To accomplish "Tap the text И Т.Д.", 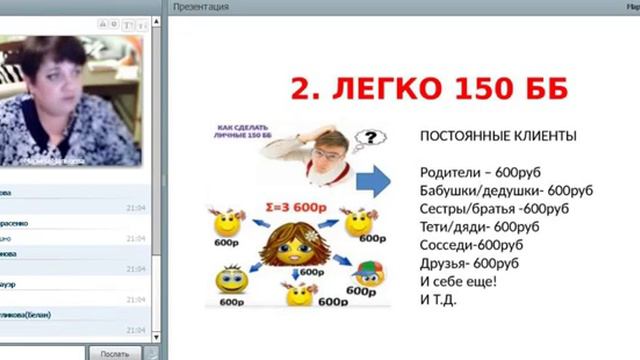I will (x=438, y=298).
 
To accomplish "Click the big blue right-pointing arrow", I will (x=374, y=182).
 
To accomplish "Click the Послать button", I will (x=114, y=353).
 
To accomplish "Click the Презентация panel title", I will (x=200, y=6).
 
